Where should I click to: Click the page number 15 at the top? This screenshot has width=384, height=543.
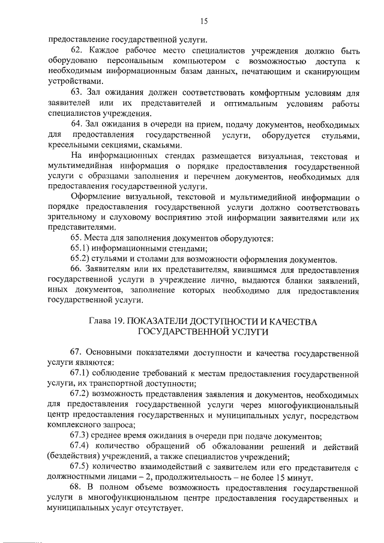click(x=203, y=22)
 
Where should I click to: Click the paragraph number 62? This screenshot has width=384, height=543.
click(x=76, y=49)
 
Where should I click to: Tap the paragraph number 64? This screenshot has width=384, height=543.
click(x=76, y=124)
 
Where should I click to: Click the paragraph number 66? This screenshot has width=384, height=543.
click(x=76, y=269)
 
